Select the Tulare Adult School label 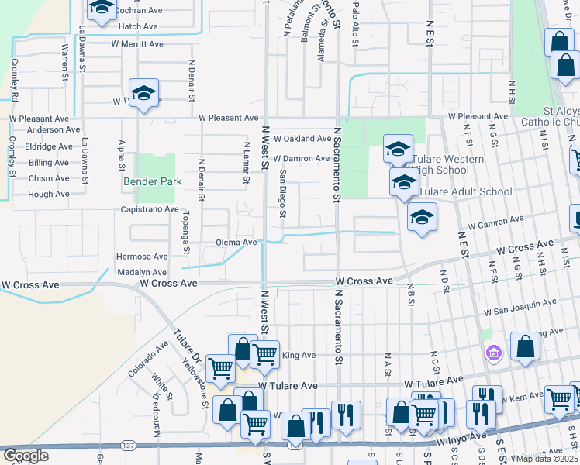[x=465, y=191]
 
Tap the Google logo [x=26, y=456]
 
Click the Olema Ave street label [x=236, y=243]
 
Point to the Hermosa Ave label [x=142, y=257]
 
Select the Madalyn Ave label [x=142, y=273]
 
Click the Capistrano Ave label [x=150, y=210]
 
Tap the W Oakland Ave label [x=302, y=139]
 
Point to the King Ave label [x=299, y=356]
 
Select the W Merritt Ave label [x=136, y=44]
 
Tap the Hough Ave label [x=49, y=195]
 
